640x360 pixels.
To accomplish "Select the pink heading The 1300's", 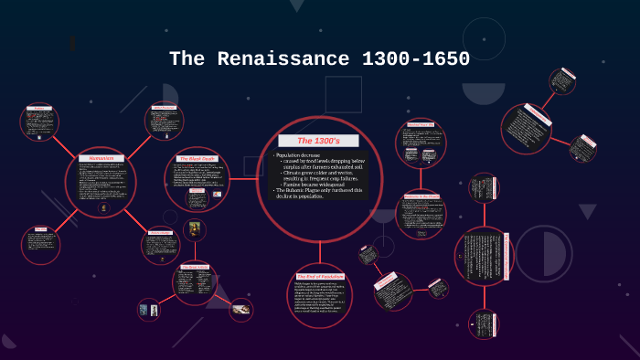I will (x=317, y=141).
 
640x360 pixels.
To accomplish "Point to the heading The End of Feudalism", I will (x=317, y=276).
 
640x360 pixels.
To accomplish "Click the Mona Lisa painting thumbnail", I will (x=195, y=228).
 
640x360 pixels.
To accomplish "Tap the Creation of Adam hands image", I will (x=241, y=309).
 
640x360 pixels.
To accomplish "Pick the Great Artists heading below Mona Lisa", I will (x=194, y=266).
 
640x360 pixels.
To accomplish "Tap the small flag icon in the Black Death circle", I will (x=217, y=194).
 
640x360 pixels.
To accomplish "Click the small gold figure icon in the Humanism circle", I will (x=102, y=207).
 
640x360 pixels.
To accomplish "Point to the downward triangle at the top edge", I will (x=296, y=5).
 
